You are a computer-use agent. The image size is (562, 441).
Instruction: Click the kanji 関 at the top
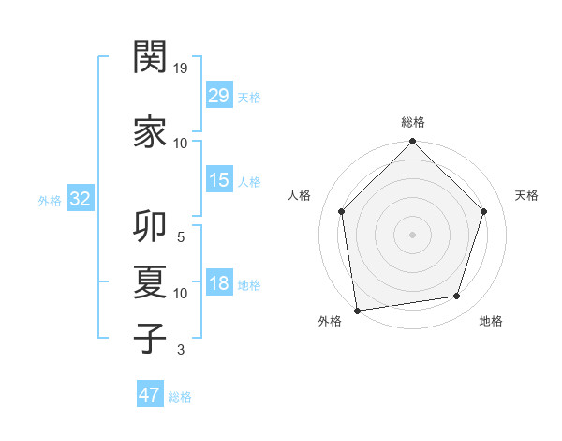point(150,57)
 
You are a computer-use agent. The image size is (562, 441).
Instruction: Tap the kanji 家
point(150,132)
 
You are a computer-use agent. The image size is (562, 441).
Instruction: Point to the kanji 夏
point(150,282)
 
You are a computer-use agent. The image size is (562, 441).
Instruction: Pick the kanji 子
point(150,339)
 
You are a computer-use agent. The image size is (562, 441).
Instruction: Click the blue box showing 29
point(218,96)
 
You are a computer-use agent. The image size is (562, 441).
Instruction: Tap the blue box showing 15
point(218,180)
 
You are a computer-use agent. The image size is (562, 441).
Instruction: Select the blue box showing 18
point(218,283)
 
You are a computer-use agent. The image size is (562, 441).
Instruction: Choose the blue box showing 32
point(79,198)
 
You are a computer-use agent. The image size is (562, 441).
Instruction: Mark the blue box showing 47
point(150,395)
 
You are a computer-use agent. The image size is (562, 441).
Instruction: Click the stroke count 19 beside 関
point(181,68)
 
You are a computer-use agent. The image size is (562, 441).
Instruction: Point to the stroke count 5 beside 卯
point(181,237)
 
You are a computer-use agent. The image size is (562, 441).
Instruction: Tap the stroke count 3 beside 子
point(181,350)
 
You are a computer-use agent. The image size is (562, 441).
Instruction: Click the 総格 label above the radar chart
point(412,122)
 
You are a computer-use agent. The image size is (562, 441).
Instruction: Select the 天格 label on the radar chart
point(526,195)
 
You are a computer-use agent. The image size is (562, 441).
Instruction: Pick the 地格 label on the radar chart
point(491,321)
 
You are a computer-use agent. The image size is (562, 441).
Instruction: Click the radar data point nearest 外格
point(357,310)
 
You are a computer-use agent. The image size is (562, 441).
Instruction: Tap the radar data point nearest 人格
point(342,211)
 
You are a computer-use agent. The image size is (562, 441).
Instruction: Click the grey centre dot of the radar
point(412,234)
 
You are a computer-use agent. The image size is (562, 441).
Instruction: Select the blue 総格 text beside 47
point(180,397)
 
